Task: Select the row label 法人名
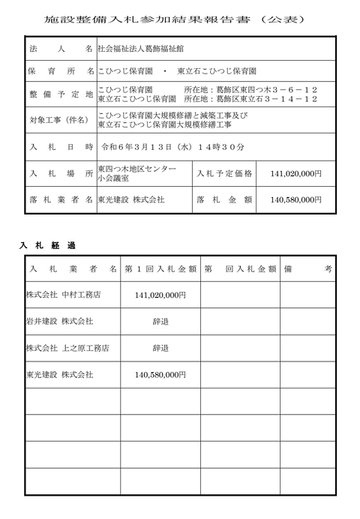pos(58,49)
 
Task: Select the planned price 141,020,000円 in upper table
pos(295,173)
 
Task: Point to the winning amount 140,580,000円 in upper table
pos(295,200)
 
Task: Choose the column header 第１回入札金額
pos(160,268)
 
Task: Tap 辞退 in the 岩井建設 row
pos(160,321)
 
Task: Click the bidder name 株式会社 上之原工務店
pos(67,347)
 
